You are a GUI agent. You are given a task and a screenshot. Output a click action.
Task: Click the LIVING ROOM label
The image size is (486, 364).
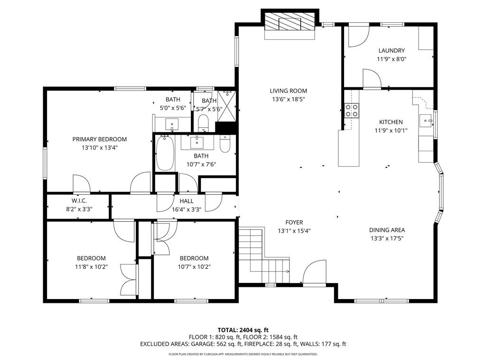(x=288, y=91)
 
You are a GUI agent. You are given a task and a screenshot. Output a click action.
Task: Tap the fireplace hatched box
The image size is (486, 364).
(x=290, y=22)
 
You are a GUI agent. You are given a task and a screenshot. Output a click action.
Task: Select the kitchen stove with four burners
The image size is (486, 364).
(x=352, y=110)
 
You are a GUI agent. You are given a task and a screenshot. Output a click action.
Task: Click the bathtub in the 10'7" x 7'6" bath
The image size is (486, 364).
(x=165, y=153)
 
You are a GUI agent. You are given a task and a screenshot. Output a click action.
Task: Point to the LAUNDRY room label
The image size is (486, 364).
(x=392, y=50)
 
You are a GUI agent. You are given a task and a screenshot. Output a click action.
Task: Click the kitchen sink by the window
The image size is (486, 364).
(x=426, y=120)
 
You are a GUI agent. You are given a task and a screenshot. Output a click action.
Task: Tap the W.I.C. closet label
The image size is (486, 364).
(x=79, y=201)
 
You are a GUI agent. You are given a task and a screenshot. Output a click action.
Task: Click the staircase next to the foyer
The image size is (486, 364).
(x=264, y=255)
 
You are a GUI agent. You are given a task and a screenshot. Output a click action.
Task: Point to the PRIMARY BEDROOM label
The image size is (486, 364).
(x=100, y=139)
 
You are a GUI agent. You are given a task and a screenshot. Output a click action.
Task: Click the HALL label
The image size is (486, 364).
(x=187, y=201)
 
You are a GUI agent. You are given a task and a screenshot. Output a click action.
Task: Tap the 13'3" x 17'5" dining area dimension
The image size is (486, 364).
(x=387, y=238)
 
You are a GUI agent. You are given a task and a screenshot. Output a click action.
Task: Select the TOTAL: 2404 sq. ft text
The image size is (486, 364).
(x=243, y=330)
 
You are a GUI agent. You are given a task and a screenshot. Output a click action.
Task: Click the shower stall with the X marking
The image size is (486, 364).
(x=226, y=106)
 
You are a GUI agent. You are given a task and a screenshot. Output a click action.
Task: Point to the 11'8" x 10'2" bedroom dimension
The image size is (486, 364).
(x=91, y=267)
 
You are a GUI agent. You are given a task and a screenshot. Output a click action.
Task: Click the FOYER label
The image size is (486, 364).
(x=294, y=222)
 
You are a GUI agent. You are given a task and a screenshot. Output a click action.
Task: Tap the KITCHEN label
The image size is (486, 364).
(x=391, y=122)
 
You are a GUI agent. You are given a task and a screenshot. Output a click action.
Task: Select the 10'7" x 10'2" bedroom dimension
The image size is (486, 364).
(x=194, y=267)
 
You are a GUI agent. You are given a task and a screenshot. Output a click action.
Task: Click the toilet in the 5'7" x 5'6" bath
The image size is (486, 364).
(x=203, y=123)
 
